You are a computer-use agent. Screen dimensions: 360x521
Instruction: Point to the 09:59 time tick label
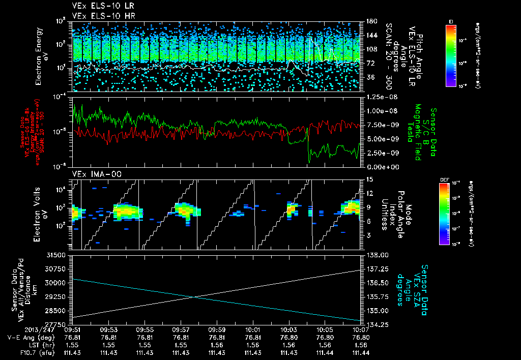point(217,329)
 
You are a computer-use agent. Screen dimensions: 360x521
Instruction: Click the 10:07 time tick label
point(361,329)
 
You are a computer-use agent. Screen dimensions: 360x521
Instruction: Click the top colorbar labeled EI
point(451,55)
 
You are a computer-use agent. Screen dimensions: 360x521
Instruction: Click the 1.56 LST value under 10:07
point(361,345)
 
